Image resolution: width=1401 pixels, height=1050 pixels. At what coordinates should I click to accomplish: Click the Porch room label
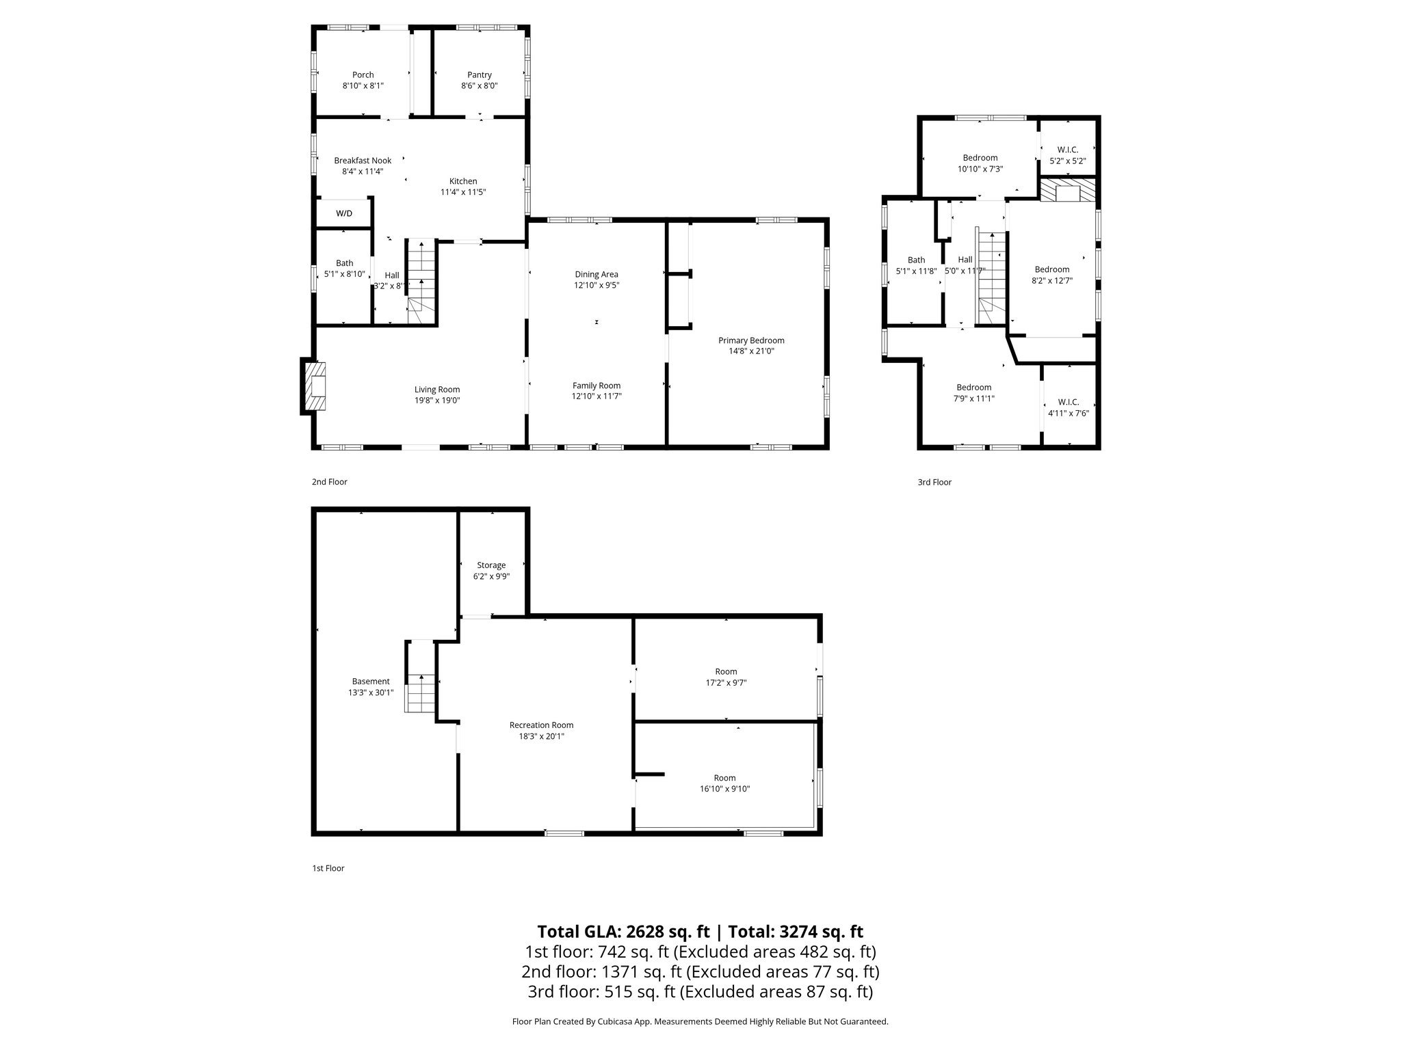pos(363,75)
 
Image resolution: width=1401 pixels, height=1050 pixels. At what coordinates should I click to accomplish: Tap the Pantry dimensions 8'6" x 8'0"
pos(479,86)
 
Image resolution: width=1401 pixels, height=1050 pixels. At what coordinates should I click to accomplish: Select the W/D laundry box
pos(344,213)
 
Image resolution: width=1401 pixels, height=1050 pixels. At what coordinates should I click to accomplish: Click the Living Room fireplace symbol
pos(315,386)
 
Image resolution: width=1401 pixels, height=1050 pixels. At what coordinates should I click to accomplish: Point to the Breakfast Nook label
pos(363,161)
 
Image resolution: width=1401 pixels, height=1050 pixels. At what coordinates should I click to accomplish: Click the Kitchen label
pos(463,181)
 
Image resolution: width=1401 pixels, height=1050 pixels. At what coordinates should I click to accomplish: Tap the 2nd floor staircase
pos(421,282)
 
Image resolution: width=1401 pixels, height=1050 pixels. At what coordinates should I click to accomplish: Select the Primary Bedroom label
pos(751,340)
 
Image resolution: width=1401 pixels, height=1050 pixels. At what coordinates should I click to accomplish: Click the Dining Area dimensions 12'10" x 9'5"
pos(596,286)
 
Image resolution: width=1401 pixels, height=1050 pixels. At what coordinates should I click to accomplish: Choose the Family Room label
pos(596,386)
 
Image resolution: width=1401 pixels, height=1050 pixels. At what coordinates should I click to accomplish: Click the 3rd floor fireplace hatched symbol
pos(1067,191)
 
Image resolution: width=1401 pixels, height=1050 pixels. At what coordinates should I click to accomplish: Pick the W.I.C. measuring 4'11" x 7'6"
pos(1068,407)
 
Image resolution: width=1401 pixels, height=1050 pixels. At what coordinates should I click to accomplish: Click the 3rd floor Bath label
pos(916,260)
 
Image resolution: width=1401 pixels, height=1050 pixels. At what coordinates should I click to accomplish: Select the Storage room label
pos(491,565)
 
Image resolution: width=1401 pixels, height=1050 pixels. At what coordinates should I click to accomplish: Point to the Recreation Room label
pos(541,725)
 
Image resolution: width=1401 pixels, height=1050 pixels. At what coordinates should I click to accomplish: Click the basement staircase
pos(421,692)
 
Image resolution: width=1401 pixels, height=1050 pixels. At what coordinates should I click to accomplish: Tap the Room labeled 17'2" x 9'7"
pos(726,677)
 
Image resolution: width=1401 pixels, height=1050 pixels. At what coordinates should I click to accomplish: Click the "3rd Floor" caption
pos(934,482)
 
